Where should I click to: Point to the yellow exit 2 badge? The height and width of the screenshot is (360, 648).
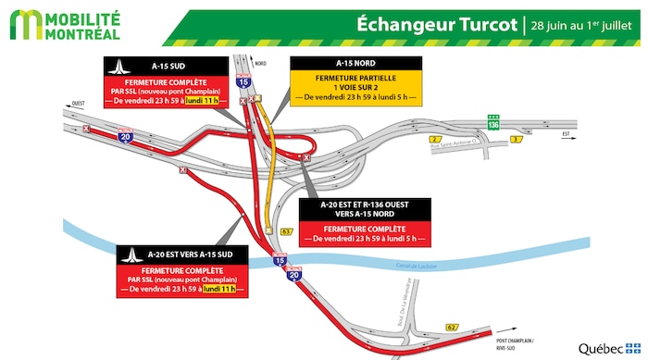434,139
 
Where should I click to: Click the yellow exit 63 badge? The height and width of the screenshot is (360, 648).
287,230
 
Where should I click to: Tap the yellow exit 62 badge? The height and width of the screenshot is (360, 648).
451,327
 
